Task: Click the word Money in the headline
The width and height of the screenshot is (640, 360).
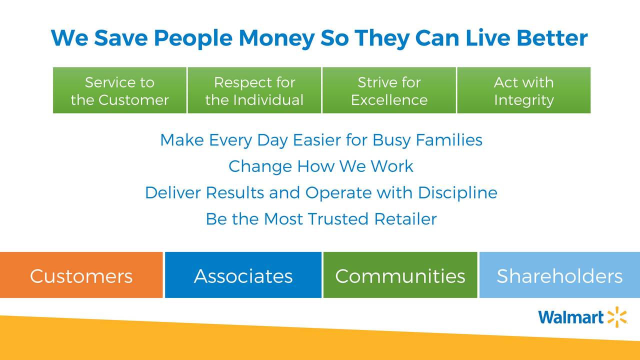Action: tap(276, 38)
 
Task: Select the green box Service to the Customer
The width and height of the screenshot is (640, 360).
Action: tap(119, 90)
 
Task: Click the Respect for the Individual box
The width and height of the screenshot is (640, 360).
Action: tap(254, 90)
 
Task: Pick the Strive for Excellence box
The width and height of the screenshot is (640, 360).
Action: tap(389, 90)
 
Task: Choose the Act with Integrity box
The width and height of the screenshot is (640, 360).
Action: tap(524, 90)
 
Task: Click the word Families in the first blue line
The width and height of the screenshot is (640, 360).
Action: tap(449, 140)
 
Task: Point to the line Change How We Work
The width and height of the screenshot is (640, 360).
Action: tap(321, 166)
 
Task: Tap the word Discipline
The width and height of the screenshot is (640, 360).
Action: tap(457, 192)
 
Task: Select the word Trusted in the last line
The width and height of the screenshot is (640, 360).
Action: tap(338, 219)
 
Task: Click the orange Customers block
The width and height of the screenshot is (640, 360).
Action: tap(81, 275)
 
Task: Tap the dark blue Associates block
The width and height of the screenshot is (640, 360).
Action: tap(243, 275)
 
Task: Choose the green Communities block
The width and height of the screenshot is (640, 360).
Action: tap(400, 275)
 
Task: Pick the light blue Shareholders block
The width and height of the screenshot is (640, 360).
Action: tap(559, 275)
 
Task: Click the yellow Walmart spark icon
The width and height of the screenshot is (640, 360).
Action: tap(617, 317)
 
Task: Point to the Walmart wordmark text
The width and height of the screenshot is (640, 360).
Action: tap(571, 317)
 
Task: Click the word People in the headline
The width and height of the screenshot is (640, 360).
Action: tap(193, 38)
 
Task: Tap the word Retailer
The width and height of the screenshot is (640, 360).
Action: tap(405, 219)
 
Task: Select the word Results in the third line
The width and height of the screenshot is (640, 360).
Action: tap(235, 192)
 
